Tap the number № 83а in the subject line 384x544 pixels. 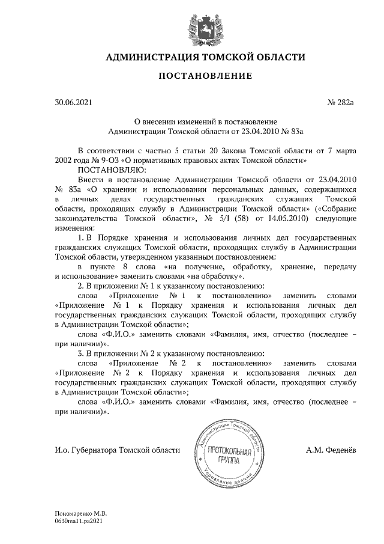pos(291,130)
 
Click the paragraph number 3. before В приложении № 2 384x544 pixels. pos(82,353)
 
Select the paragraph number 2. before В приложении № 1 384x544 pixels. pos(82,286)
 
